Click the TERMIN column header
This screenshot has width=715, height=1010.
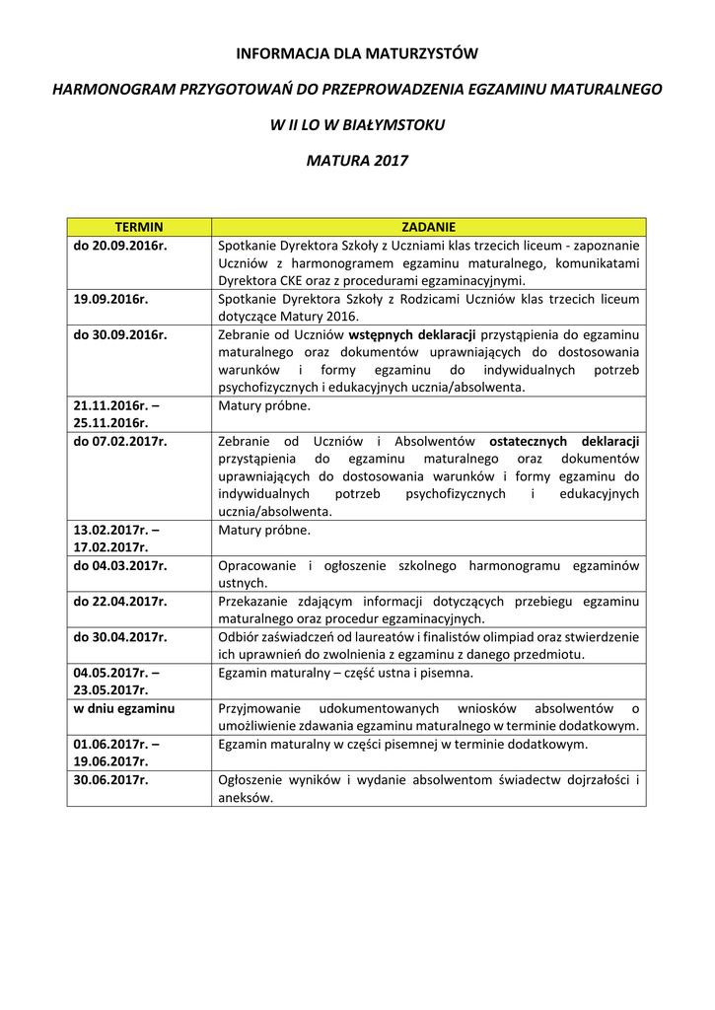tap(139, 227)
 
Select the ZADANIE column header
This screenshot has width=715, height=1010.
tap(428, 227)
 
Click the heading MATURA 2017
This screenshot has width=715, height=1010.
tap(357, 160)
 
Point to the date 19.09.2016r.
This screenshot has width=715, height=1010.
tap(110, 299)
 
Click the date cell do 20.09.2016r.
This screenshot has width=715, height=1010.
tap(120, 246)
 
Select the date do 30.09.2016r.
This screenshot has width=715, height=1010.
tap(120, 334)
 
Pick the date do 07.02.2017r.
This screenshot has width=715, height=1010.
tap(120, 441)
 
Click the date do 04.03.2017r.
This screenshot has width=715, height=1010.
tap(120, 565)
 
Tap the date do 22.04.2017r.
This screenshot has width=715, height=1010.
tap(120, 601)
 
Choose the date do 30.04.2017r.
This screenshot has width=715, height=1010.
tap(120, 636)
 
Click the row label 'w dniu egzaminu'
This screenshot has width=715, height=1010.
tap(124, 708)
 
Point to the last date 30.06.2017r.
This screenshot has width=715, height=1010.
tap(110, 779)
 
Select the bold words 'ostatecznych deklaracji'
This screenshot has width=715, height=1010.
tap(564, 441)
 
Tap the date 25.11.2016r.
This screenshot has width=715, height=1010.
tap(110, 423)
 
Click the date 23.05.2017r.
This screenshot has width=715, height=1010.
tap(110, 690)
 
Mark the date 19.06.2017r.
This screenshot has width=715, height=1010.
tap(110, 761)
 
